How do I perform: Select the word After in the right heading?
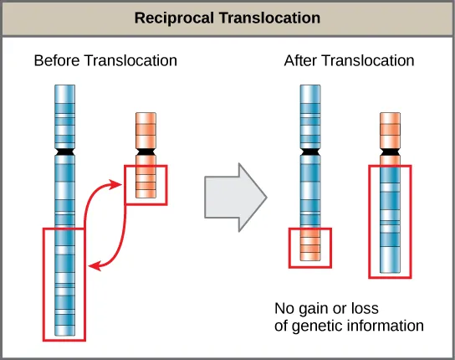tap(300, 61)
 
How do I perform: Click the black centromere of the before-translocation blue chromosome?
tap(64, 154)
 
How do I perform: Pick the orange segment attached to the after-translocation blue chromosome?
tap(310, 248)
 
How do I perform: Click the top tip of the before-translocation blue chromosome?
tap(64, 85)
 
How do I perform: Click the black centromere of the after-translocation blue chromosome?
tap(310, 154)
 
